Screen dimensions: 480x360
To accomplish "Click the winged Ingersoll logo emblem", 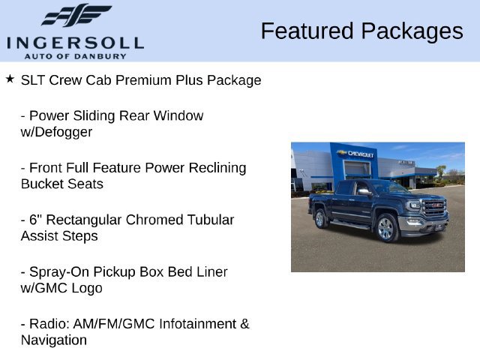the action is coord(76,15).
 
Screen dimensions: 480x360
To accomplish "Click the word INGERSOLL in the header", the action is coord(75,43).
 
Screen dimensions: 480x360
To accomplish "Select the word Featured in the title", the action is coord(307,31).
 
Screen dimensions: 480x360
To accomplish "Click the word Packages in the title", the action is coord(412,32).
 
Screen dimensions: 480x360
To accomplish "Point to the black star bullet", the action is coord(10,79).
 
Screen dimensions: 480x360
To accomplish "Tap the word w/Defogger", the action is coord(56,132).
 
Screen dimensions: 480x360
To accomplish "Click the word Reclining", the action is coord(217,168).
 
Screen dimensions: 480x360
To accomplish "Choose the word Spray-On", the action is coord(59,272).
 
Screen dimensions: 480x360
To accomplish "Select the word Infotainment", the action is coord(198,324).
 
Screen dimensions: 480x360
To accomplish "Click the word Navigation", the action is coord(54,340).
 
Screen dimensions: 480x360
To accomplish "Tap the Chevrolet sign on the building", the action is coord(355,153).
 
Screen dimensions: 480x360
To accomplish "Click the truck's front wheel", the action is coord(385,228).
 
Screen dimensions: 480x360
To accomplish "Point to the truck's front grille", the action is coord(434,207).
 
